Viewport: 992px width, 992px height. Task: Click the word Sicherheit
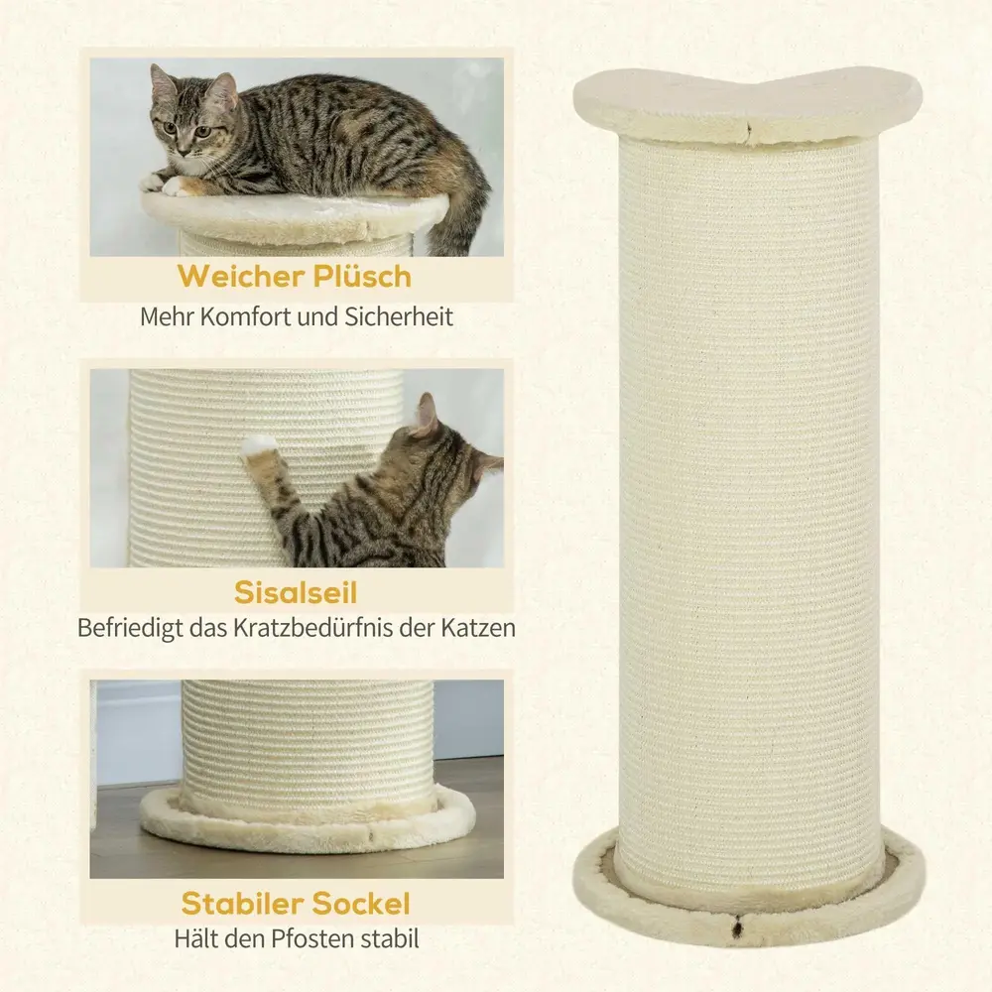pyautogui.click(x=399, y=317)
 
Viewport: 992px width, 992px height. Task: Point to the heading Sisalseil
pyautogui.click(x=296, y=592)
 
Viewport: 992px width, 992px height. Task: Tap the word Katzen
pyautogui.click(x=478, y=628)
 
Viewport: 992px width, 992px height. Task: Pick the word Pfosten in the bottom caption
pyautogui.click(x=313, y=938)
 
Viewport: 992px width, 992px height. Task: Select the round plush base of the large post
pyautogui.click(x=748, y=904)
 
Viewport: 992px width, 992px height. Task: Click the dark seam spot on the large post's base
pyautogui.click(x=737, y=930)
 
